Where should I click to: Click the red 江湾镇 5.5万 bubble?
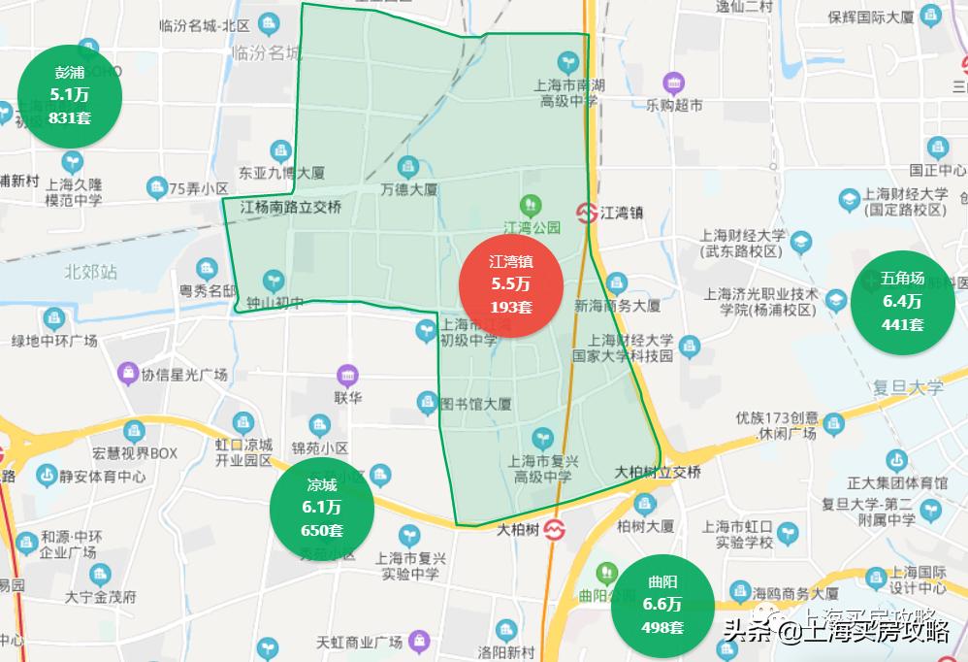click(510, 284)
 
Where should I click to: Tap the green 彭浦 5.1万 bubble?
click(70, 95)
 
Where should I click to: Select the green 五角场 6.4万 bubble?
click(902, 301)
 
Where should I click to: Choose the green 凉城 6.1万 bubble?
click(322, 506)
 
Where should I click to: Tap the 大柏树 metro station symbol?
click(554, 530)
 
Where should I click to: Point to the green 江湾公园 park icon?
click(531, 205)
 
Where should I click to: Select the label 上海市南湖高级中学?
click(570, 93)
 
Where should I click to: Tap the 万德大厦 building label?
click(409, 188)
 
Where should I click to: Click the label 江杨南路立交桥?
click(291, 207)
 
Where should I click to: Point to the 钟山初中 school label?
click(268, 303)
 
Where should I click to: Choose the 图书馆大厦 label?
click(474, 404)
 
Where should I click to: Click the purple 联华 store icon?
click(347, 376)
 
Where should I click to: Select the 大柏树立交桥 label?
click(658, 472)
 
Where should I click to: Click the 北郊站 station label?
click(91, 272)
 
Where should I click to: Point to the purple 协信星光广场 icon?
click(127, 374)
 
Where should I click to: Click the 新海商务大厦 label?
click(617, 306)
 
